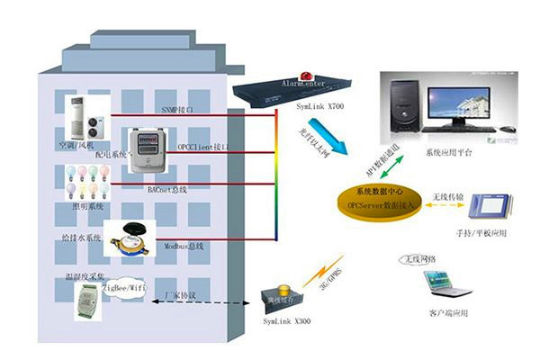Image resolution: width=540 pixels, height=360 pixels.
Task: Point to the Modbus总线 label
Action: pyautogui.click(x=184, y=245)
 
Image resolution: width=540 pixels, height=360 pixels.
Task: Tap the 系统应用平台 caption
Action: pyautogui.click(x=450, y=153)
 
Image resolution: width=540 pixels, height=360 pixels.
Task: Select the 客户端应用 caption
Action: pyautogui.click(x=449, y=312)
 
